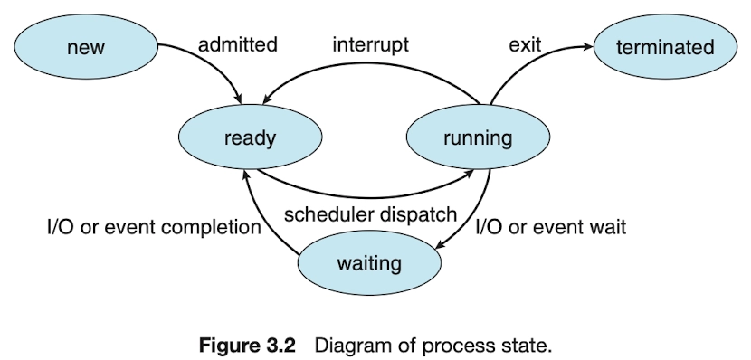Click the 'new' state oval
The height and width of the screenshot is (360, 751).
coord(86,46)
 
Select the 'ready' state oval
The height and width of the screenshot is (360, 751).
coord(250,137)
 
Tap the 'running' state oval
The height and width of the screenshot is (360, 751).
coord(478,137)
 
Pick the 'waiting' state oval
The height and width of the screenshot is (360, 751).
coord(369,263)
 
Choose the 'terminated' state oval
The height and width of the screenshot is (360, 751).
coord(665,46)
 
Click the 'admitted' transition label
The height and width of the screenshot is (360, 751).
coord(238,44)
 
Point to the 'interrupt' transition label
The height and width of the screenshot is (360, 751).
coord(371,45)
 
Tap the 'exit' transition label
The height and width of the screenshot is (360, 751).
coord(525,45)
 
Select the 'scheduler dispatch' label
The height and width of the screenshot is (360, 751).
coord(370,214)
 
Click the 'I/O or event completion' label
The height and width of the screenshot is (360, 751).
coord(154,227)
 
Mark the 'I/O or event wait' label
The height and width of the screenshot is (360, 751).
coord(550,226)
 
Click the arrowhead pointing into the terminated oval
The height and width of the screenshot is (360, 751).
coord(588,46)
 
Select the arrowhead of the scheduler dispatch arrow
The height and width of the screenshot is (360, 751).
coord(470,175)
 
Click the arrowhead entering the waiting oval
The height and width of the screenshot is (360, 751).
coord(441,243)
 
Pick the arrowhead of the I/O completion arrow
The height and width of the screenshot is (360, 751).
coord(245,175)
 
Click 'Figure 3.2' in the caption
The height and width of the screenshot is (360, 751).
coord(247,346)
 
